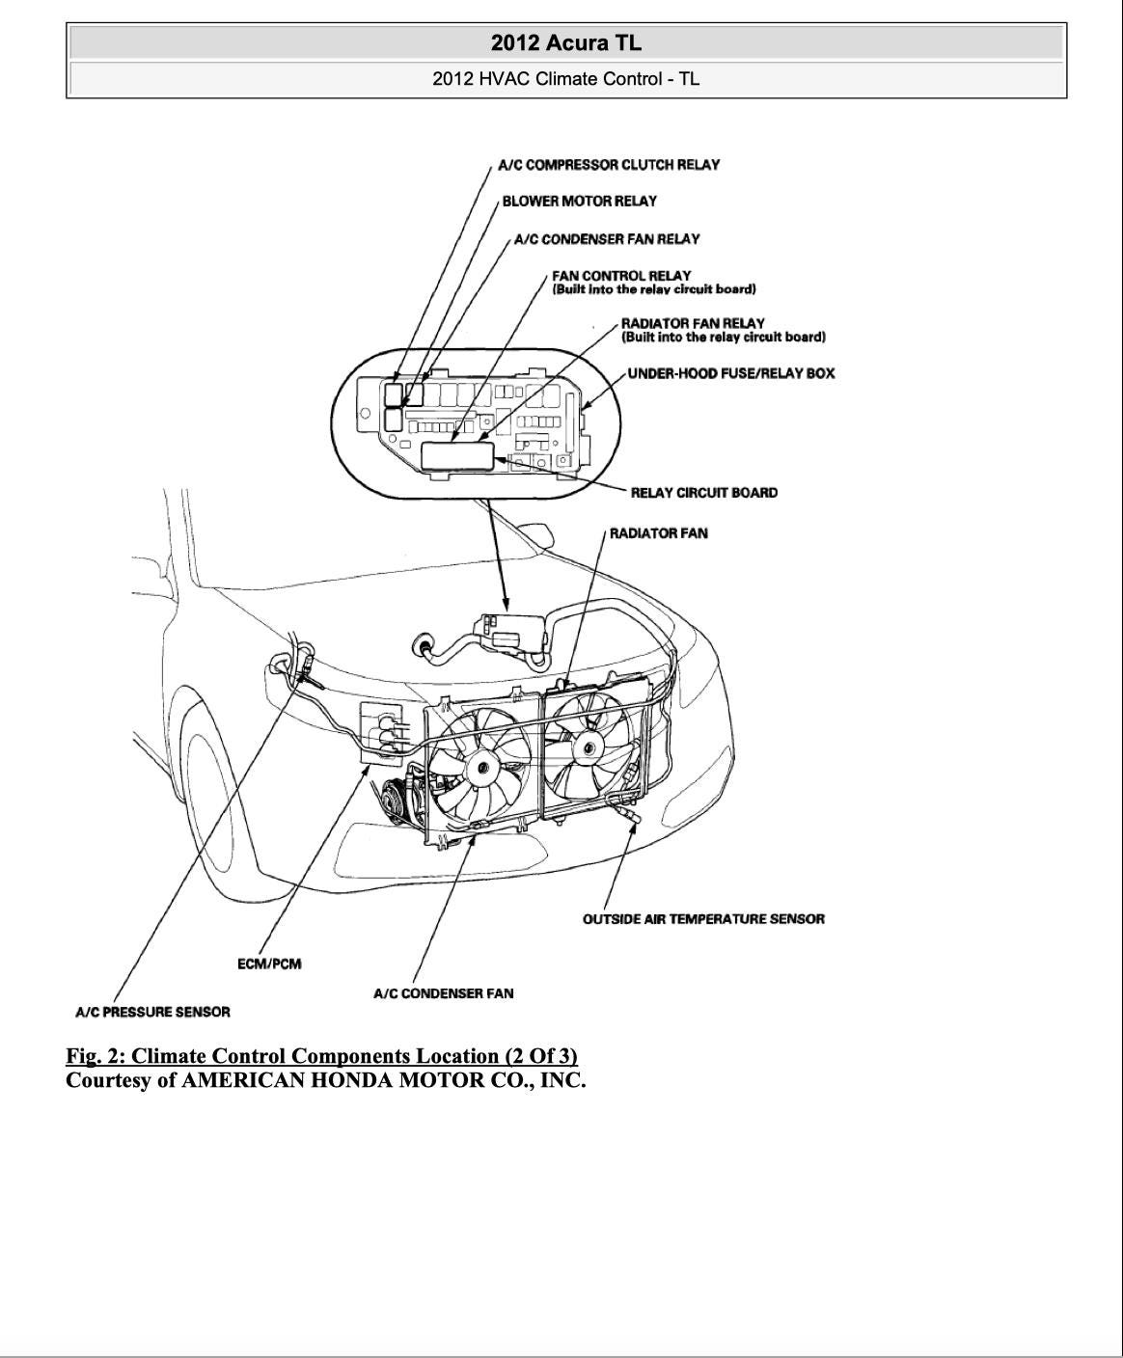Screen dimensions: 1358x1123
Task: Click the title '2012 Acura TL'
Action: click(x=565, y=43)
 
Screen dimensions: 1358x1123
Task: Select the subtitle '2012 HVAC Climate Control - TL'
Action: click(x=565, y=79)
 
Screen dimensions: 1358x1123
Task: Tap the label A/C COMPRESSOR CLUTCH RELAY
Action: click(x=609, y=165)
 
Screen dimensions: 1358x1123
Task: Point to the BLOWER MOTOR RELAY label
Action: click(x=579, y=202)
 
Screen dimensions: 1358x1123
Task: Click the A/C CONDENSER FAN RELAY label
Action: click(x=607, y=239)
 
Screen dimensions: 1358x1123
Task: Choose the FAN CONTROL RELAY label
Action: click(x=622, y=276)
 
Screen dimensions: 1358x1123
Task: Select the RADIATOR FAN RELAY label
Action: click(x=693, y=324)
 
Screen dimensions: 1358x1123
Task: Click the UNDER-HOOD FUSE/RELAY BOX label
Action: click(x=730, y=373)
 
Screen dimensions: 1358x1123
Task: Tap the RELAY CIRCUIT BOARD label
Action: click(x=703, y=493)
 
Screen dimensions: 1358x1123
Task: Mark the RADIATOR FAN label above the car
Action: click(x=658, y=533)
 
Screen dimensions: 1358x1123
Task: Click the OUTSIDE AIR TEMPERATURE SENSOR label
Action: click(x=703, y=919)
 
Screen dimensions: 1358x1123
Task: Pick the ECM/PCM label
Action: click(x=269, y=964)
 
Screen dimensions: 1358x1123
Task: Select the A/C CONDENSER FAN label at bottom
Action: click(x=443, y=993)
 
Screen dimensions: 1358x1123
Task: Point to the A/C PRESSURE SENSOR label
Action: click(x=152, y=1013)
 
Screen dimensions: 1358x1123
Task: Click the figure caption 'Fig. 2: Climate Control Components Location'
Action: click(x=321, y=1055)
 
